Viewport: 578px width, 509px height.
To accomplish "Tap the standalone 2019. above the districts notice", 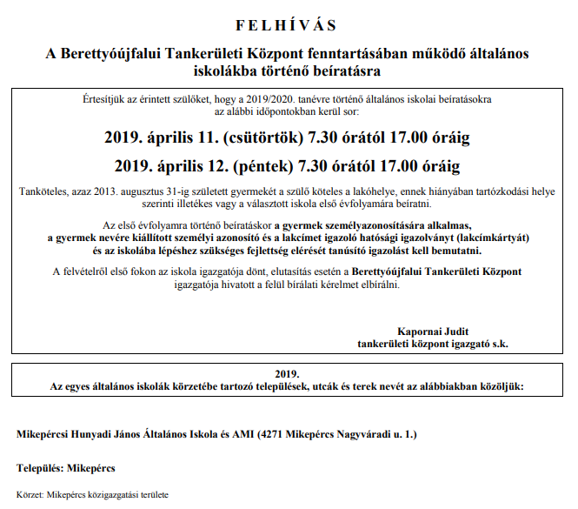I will point(286,371).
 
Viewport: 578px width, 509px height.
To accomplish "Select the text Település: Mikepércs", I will point(66,468).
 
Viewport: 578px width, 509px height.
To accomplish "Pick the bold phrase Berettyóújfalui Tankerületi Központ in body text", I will point(436,272).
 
